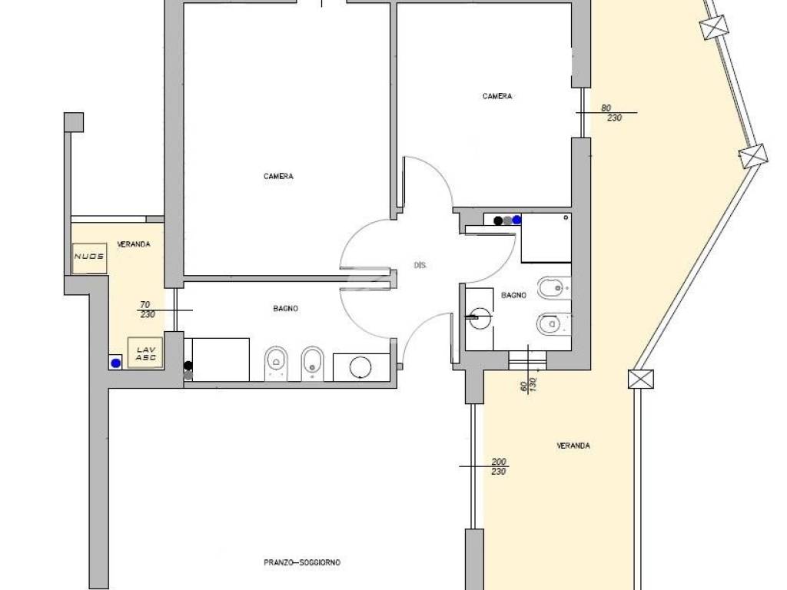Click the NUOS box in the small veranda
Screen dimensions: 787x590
(x=89, y=258)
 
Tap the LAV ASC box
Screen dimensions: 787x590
(x=145, y=353)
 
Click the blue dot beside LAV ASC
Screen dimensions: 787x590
(x=116, y=363)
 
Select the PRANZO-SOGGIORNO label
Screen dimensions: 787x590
(x=302, y=562)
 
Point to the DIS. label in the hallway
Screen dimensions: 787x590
(x=420, y=265)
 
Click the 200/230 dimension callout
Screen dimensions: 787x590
(x=498, y=466)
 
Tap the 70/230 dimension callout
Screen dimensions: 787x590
(x=147, y=310)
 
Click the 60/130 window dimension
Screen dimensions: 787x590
(x=528, y=384)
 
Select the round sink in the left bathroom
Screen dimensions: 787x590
(x=360, y=367)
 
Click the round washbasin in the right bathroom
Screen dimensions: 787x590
(x=480, y=318)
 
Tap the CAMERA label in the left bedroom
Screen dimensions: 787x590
(x=278, y=176)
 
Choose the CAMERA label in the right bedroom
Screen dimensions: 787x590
(x=497, y=96)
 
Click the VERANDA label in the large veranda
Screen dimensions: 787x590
(x=573, y=446)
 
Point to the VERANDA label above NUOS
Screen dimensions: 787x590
(x=134, y=244)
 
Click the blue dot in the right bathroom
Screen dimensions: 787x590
(x=516, y=220)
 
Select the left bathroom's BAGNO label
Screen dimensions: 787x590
(x=286, y=309)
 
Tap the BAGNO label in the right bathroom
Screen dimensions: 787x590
(x=513, y=296)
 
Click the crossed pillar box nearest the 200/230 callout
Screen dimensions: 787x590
(x=641, y=379)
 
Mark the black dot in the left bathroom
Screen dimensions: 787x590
(x=188, y=366)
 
